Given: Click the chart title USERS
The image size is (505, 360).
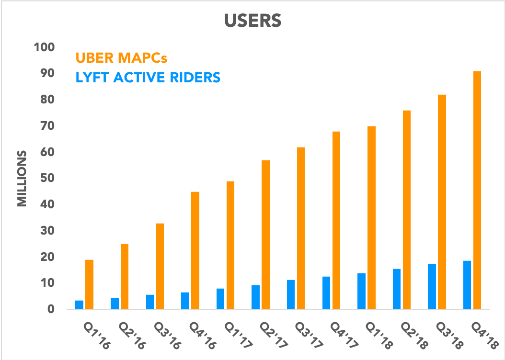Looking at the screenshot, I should tap(252, 22).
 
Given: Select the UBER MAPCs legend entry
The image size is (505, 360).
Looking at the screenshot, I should tap(123, 58).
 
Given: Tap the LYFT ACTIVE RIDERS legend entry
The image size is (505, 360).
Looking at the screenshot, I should tap(148, 77).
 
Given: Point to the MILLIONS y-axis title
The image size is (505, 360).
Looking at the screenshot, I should tap(22, 179).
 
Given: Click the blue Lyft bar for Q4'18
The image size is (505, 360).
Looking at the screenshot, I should tap(467, 285).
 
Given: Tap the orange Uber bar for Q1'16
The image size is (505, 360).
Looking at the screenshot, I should tap(89, 284).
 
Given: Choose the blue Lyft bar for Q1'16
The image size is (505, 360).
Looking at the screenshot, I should tap(79, 304).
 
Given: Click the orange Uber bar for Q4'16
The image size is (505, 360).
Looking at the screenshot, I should tap(195, 250).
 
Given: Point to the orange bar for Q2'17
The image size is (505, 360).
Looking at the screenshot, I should tap(266, 235).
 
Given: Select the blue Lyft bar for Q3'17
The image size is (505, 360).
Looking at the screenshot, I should tap(291, 294).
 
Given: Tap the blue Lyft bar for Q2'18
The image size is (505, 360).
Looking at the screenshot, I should tap(397, 289).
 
